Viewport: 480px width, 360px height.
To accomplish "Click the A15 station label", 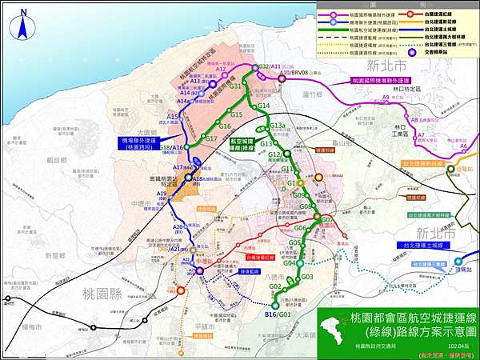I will [172, 117].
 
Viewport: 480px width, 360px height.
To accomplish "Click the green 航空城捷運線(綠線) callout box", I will [242, 143].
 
